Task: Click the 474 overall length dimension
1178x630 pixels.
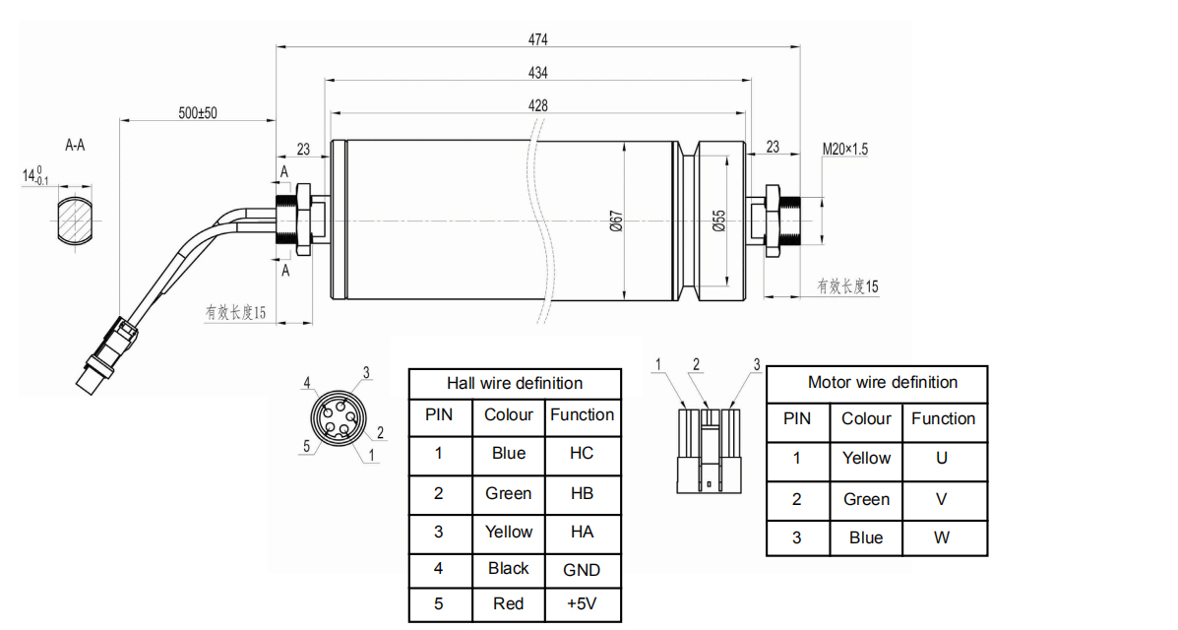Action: [x=537, y=39]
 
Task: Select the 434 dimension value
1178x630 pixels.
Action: [x=537, y=73]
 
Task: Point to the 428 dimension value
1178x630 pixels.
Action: [x=537, y=105]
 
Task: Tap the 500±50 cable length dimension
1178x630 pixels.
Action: [x=198, y=113]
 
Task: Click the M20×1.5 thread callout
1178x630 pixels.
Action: [x=845, y=150]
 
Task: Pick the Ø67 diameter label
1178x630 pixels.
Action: [x=615, y=221]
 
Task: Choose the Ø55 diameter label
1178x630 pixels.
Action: [x=718, y=221]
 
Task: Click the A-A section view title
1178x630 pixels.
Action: [x=75, y=146]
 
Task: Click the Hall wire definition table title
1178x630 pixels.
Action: [x=515, y=383]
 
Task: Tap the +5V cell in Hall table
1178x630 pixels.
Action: [x=582, y=603]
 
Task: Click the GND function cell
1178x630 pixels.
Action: [x=582, y=569]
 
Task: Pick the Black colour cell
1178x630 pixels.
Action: [x=509, y=568]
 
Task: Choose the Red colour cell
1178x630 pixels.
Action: [x=509, y=603]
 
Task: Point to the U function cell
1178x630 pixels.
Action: [x=942, y=458]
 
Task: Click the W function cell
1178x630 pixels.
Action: [x=942, y=537]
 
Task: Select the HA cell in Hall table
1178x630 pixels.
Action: [x=582, y=532]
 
